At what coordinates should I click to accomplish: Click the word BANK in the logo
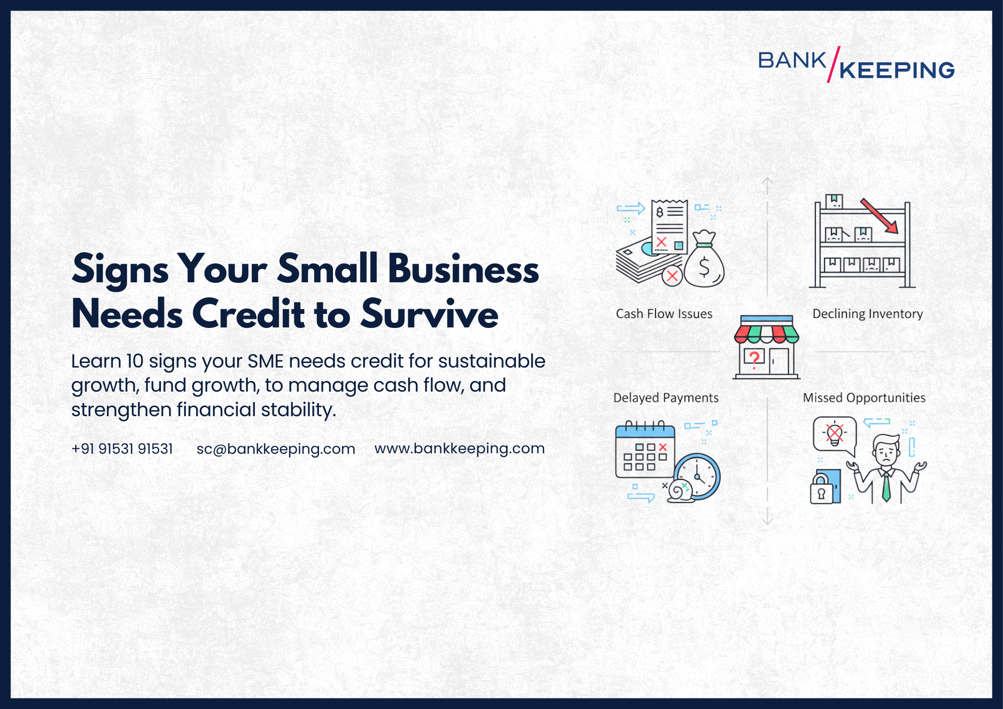click(792, 61)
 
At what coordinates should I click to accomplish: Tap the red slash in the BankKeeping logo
click(833, 64)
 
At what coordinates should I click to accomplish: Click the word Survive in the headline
click(430, 314)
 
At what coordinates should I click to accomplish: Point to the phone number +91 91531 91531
click(122, 449)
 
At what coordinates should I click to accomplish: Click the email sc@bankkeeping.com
click(276, 449)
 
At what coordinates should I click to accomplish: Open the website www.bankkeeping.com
click(459, 448)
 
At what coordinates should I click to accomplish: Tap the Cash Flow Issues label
click(664, 314)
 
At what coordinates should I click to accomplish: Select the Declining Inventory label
click(868, 314)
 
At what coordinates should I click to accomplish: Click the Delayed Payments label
click(666, 398)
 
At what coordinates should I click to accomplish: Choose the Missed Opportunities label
click(864, 398)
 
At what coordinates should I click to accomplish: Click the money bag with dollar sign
click(704, 263)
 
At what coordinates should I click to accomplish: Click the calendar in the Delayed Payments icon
click(644, 451)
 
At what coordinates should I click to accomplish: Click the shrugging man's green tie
click(886, 486)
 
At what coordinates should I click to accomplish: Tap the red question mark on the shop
click(754, 358)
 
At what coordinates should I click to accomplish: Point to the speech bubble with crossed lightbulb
click(834, 434)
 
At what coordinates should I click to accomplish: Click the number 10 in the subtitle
click(134, 361)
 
